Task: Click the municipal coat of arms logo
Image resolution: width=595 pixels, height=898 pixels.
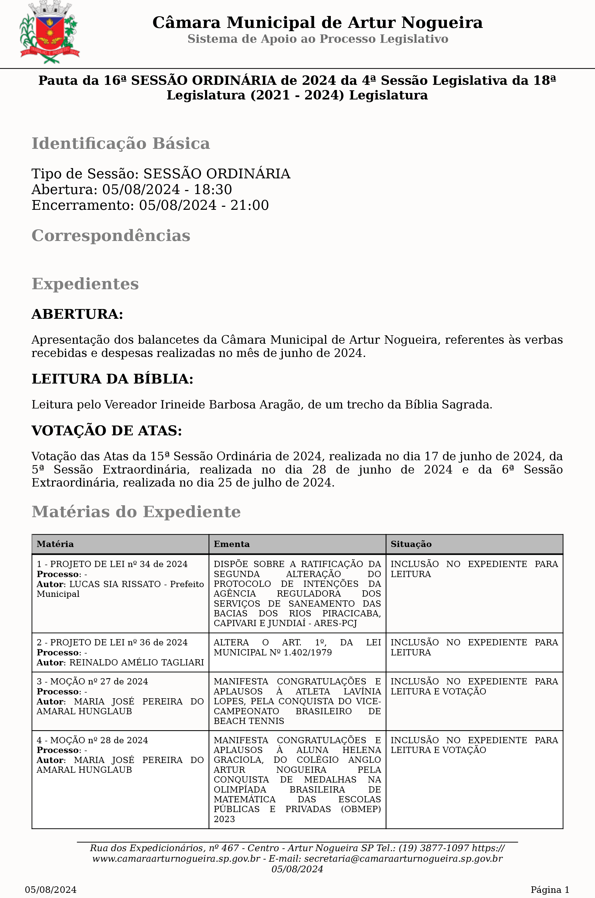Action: (x=49, y=33)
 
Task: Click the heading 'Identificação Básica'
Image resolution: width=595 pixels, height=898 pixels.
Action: (x=121, y=143)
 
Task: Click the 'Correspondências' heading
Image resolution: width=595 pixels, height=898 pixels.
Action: (x=111, y=236)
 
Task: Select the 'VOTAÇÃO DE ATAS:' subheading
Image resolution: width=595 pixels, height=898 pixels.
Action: (x=107, y=430)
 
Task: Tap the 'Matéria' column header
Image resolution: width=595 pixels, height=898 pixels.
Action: (x=55, y=544)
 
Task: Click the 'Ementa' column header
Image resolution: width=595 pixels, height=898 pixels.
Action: (x=232, y=544)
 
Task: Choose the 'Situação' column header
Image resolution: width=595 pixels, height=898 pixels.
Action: (x=411, y=544)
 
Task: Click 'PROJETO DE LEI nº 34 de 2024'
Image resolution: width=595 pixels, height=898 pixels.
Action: (x=119, y=564)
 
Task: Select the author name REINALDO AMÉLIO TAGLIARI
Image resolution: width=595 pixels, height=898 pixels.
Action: (x=137, y=662)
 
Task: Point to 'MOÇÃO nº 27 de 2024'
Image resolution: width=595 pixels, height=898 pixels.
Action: (x=99, y=681)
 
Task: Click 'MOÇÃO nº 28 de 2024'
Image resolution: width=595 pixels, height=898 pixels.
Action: (x=99, y=740)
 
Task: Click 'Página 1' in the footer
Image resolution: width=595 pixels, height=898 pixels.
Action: (x=549, y=890)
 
